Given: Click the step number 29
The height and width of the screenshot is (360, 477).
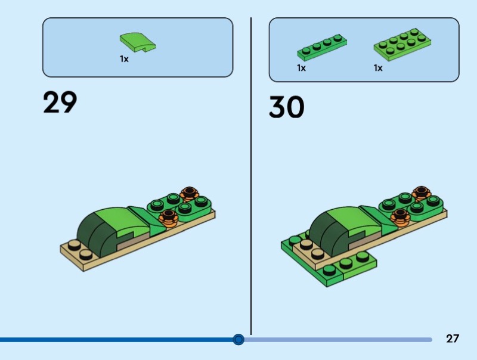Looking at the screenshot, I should click(x=60, y=103).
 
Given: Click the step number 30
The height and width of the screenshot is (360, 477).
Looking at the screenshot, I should click(x=286, y=107).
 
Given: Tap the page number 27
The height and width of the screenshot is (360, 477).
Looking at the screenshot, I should click(x=453, y=339).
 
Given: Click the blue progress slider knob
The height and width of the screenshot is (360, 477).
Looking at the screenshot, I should click(x=238, y=340).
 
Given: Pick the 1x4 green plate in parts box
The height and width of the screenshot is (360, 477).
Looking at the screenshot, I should click(x=321, y=46).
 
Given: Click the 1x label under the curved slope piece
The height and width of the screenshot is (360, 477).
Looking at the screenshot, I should click(x=124, y=60).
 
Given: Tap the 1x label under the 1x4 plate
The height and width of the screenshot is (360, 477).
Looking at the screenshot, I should click(x=302, y=68).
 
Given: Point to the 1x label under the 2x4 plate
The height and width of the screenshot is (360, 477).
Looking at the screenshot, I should click(x=378, y=68).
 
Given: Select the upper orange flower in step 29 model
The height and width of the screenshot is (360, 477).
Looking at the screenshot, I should click(x=189, y=193).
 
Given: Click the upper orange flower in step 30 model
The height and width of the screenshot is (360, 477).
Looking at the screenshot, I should click(x=421, y=193).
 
